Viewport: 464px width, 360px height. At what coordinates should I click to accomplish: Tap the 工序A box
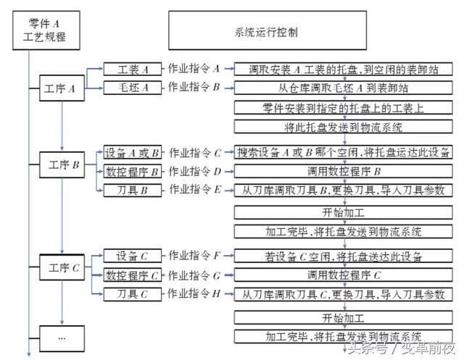(61, 89)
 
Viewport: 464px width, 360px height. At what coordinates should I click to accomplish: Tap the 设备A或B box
(133, 153)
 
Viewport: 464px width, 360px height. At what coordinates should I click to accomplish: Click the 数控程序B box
(133, 172)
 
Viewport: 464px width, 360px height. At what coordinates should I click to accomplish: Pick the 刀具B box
(133, 190)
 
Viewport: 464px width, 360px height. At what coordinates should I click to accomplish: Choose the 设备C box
(133, 256)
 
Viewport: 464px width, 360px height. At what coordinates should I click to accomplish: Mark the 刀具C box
(133, 294)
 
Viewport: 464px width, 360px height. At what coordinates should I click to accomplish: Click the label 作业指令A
(194, 69)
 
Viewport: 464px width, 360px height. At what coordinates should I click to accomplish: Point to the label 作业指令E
(194, 190)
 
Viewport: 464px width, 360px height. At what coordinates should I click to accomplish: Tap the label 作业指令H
(194, 294)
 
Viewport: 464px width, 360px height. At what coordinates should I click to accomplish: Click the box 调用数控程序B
(342, 172)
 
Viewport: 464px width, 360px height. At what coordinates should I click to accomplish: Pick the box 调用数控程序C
(342, 275)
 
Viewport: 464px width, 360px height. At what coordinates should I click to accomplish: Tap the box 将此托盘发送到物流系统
(342, 127)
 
